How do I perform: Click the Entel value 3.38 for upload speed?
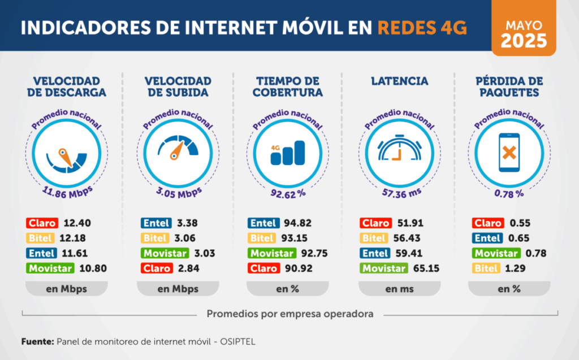tap(187, 223)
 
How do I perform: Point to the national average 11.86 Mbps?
tap(67, 189)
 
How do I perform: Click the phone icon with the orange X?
tap(509, 152)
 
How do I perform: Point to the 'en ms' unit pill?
tap(400, 289)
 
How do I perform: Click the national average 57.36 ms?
tap(400, 193)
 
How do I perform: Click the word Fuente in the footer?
tap(37, 342)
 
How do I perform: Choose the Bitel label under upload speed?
tap(154, 238)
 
